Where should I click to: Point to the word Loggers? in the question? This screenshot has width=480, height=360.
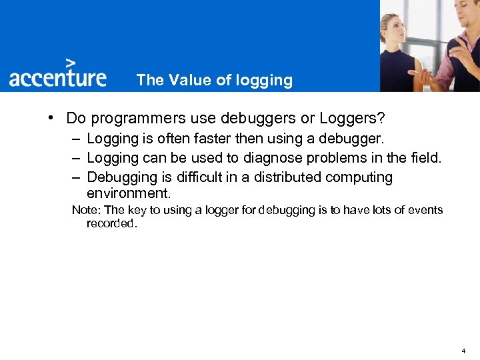(352, 119)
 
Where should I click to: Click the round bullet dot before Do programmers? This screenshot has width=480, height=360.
(51, 119)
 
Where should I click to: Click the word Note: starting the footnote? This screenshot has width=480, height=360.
(85, 210)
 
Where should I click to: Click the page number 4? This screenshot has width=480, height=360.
(463, 351)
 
